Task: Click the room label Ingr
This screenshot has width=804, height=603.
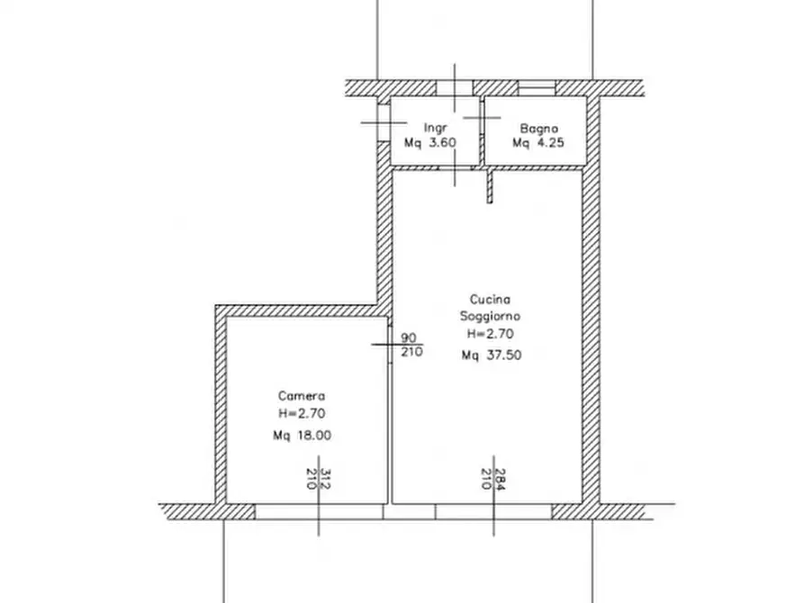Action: pyautogui.click(x=436, y=128)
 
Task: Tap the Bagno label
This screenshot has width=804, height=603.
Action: pyautogui.click(x=538, y=128)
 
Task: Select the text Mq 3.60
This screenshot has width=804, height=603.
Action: pyautogui.click(x=429, y=142)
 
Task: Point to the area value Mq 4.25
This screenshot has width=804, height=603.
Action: pyautogui.click(x=538, y=142)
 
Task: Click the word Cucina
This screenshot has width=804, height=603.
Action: pyautogui.click(x=490, y=299)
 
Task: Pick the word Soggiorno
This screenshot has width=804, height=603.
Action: pyautogui.click(x=490, y=317)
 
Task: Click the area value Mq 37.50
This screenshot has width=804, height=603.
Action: pyautogui.click(x=492, y=355)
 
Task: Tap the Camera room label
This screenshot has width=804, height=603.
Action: pyautogui.click(x=302, y=396)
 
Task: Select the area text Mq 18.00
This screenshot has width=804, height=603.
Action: pyautogui.click(x=302, y=436)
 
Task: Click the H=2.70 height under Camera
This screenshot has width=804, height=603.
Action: pyautogui.click(x=302, y=413)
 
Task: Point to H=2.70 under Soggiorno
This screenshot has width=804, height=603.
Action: pyautogui.click(x=490, y=334)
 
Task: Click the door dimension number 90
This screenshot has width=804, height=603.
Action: pyautogui.click(x=408, y=337)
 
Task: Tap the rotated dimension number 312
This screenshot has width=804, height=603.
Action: pyautogui.click(x=325, y=479)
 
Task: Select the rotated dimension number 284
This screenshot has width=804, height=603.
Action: pyautogui.click(x=501, y=479)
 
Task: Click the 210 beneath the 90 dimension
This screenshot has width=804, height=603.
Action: pyautogui.click(x=411, y=352)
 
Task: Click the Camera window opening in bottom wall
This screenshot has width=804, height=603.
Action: pyautogui.click(x=319, y=512)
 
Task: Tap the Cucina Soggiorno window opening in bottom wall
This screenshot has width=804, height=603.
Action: pyautogui.click(x=493, y=512)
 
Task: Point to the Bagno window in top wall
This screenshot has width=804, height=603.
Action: pyautogui.click(x=537, y=88)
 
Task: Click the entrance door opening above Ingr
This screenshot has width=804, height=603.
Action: pyautogui.click(x=455, y=88)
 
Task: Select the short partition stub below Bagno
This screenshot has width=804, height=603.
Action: pyautogui.click(x=490, y=185)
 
